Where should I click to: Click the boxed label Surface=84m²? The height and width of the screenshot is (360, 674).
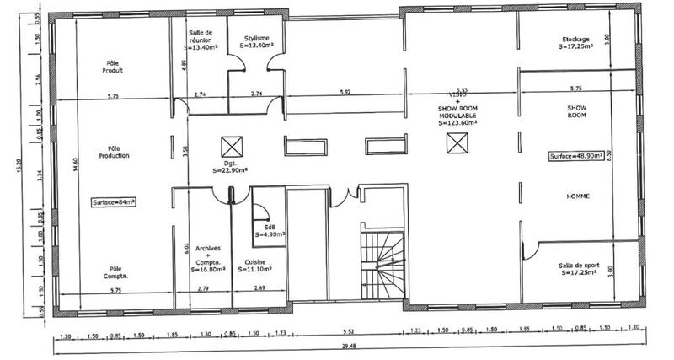pyautogui.click(x=115, y=202)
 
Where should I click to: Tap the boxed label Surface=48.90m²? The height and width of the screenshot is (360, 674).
pyautogui.click(x=576, y=157)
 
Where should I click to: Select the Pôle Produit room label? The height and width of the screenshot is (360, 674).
pyautogui.click(x=115, y=67)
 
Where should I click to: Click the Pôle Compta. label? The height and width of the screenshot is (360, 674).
pyautogui.click(x=115, y=272)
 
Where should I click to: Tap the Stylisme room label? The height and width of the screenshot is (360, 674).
pyautogui.click(x=257, y=42)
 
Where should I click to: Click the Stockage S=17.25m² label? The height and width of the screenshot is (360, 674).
pyautogui.click(x=576, y=43)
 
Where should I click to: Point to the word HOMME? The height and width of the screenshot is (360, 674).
pyautogui.click(x=577, y=196)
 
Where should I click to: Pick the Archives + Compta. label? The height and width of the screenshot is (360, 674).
pyautogui.click(x=208, y=259)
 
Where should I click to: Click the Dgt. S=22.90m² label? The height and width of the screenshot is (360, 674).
pyautogui.click(x=229, y=169)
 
